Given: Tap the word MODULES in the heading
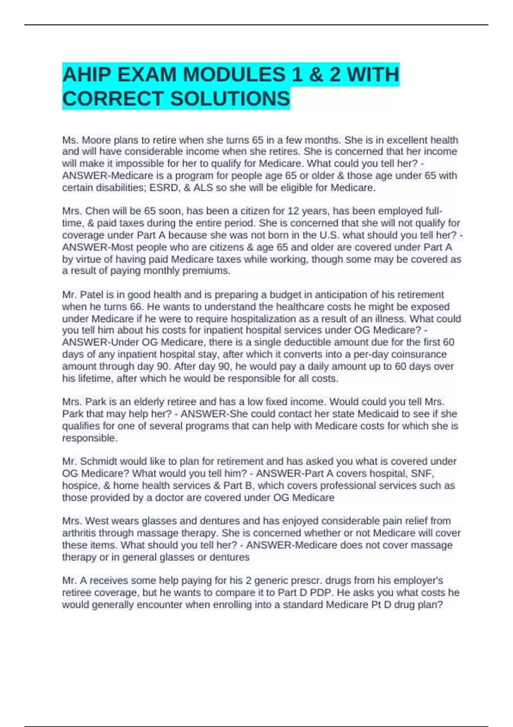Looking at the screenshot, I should pos(234,75).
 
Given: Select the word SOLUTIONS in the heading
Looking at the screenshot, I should pos(230,99).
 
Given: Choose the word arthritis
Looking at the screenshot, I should pos(79,533).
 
